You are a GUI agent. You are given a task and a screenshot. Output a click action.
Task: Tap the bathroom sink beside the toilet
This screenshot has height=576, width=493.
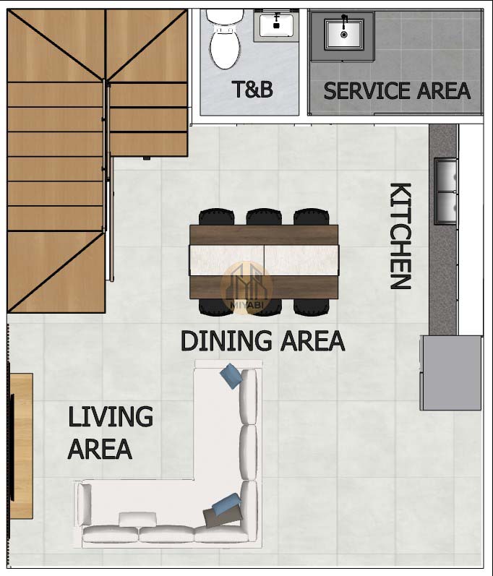pos(276,25)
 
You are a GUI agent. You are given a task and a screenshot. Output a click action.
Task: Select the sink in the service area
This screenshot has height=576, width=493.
pos(344,34)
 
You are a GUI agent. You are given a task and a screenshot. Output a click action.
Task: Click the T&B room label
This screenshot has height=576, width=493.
pos(252,90)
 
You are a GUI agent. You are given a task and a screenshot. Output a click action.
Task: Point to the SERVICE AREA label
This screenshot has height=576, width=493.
pos(397,91)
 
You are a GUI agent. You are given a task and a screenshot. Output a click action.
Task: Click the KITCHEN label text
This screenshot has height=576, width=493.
pos(400,236)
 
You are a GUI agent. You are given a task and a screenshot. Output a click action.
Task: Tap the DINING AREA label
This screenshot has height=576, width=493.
pos(262,341)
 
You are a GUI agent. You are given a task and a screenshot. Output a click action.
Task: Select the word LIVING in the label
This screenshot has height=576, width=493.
pos(110,416)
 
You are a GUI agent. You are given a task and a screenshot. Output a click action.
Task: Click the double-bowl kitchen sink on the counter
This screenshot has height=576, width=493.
pos(446,191)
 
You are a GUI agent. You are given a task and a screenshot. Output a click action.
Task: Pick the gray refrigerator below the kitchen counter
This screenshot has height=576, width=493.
pos(451,372)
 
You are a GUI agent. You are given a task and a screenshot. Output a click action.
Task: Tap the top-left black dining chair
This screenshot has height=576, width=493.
pos(216,217)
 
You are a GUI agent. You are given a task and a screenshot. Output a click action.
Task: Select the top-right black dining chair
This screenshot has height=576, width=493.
pos(311,217)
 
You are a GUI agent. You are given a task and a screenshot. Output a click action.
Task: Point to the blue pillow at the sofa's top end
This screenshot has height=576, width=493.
pos(231,375)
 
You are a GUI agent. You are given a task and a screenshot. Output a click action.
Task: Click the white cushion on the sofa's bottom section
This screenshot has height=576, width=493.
pos(137,520)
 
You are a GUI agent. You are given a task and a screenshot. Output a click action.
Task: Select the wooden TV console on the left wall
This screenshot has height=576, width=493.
pos(21,446)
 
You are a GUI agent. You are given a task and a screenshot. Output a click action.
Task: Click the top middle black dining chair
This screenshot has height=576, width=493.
pos(264,217)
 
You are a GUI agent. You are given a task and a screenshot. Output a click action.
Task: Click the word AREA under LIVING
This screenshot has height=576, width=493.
pos(100,449)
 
